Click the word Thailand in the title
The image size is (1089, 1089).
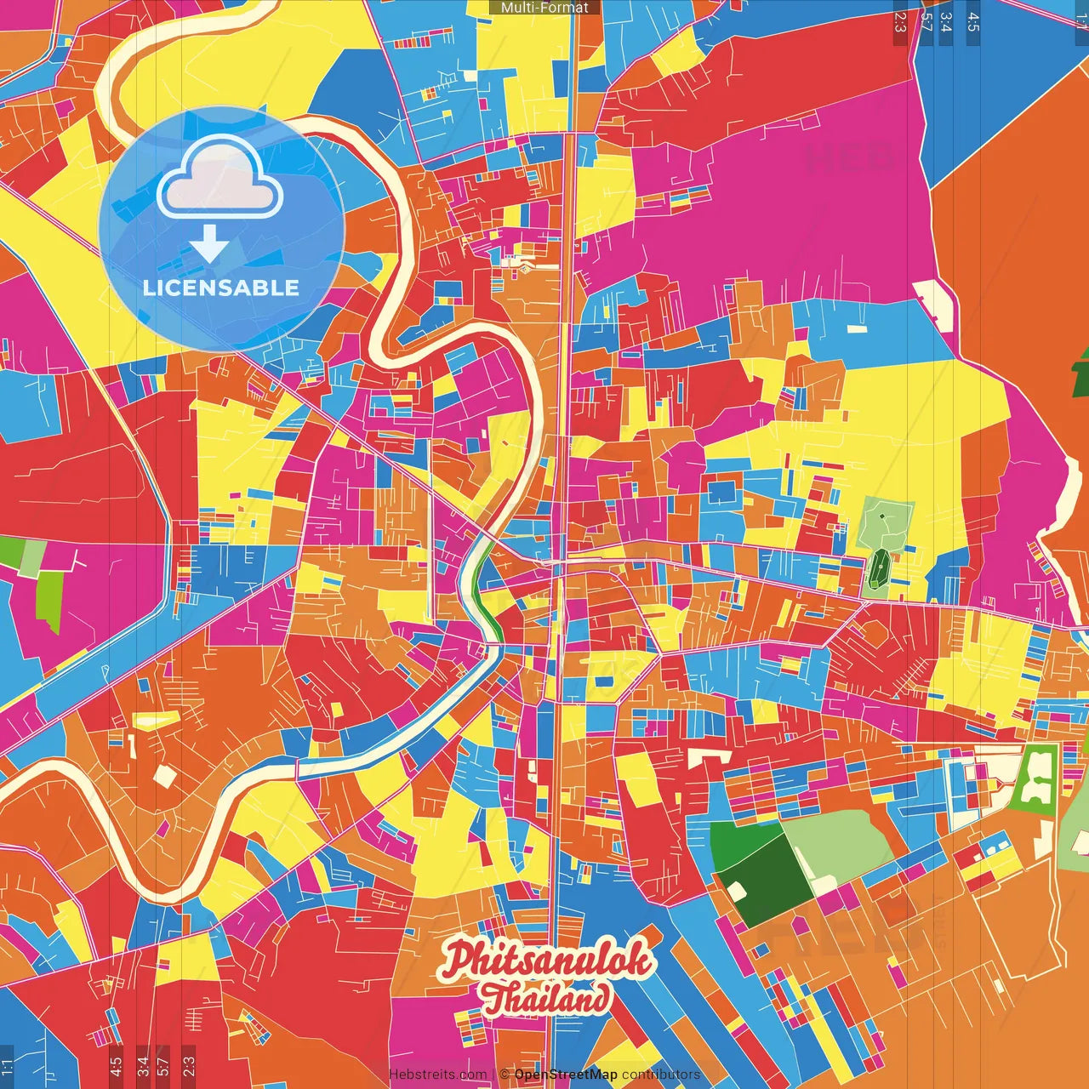tap(544, 998)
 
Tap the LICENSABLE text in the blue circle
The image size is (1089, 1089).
tap(221, 288)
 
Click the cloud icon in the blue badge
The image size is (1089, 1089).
tap(220, 180)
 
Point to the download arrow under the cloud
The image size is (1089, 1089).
tap(209, 244)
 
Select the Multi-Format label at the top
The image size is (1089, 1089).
tap(544, 8)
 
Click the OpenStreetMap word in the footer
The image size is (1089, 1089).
tap(566, 1075)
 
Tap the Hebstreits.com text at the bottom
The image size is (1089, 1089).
tap(437, 1075)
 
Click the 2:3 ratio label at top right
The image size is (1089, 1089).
tap(900, 21)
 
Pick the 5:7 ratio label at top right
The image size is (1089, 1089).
tap(927, 21)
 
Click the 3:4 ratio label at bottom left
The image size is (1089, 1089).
tap(142, 1065)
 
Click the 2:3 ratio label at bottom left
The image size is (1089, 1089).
tap(188, 1065)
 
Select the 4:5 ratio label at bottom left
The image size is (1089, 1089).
tap(116, 1065)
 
